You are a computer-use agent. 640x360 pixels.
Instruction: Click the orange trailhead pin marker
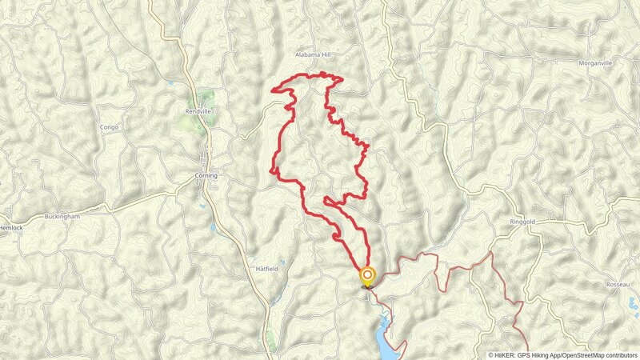(x=368, y=277)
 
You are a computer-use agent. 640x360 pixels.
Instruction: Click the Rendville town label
(x=198, y=112)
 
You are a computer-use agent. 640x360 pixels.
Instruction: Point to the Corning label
(x=206, y=176)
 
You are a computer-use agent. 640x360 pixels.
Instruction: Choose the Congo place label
(x=109, y=127)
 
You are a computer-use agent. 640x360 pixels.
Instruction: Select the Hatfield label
(x=266, y=269)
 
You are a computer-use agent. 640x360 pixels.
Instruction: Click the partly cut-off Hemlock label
(x=11, y=227)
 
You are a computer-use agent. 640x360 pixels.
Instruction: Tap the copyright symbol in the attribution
(x=491, y=355)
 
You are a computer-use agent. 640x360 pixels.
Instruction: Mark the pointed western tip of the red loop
(x=274, y=90)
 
